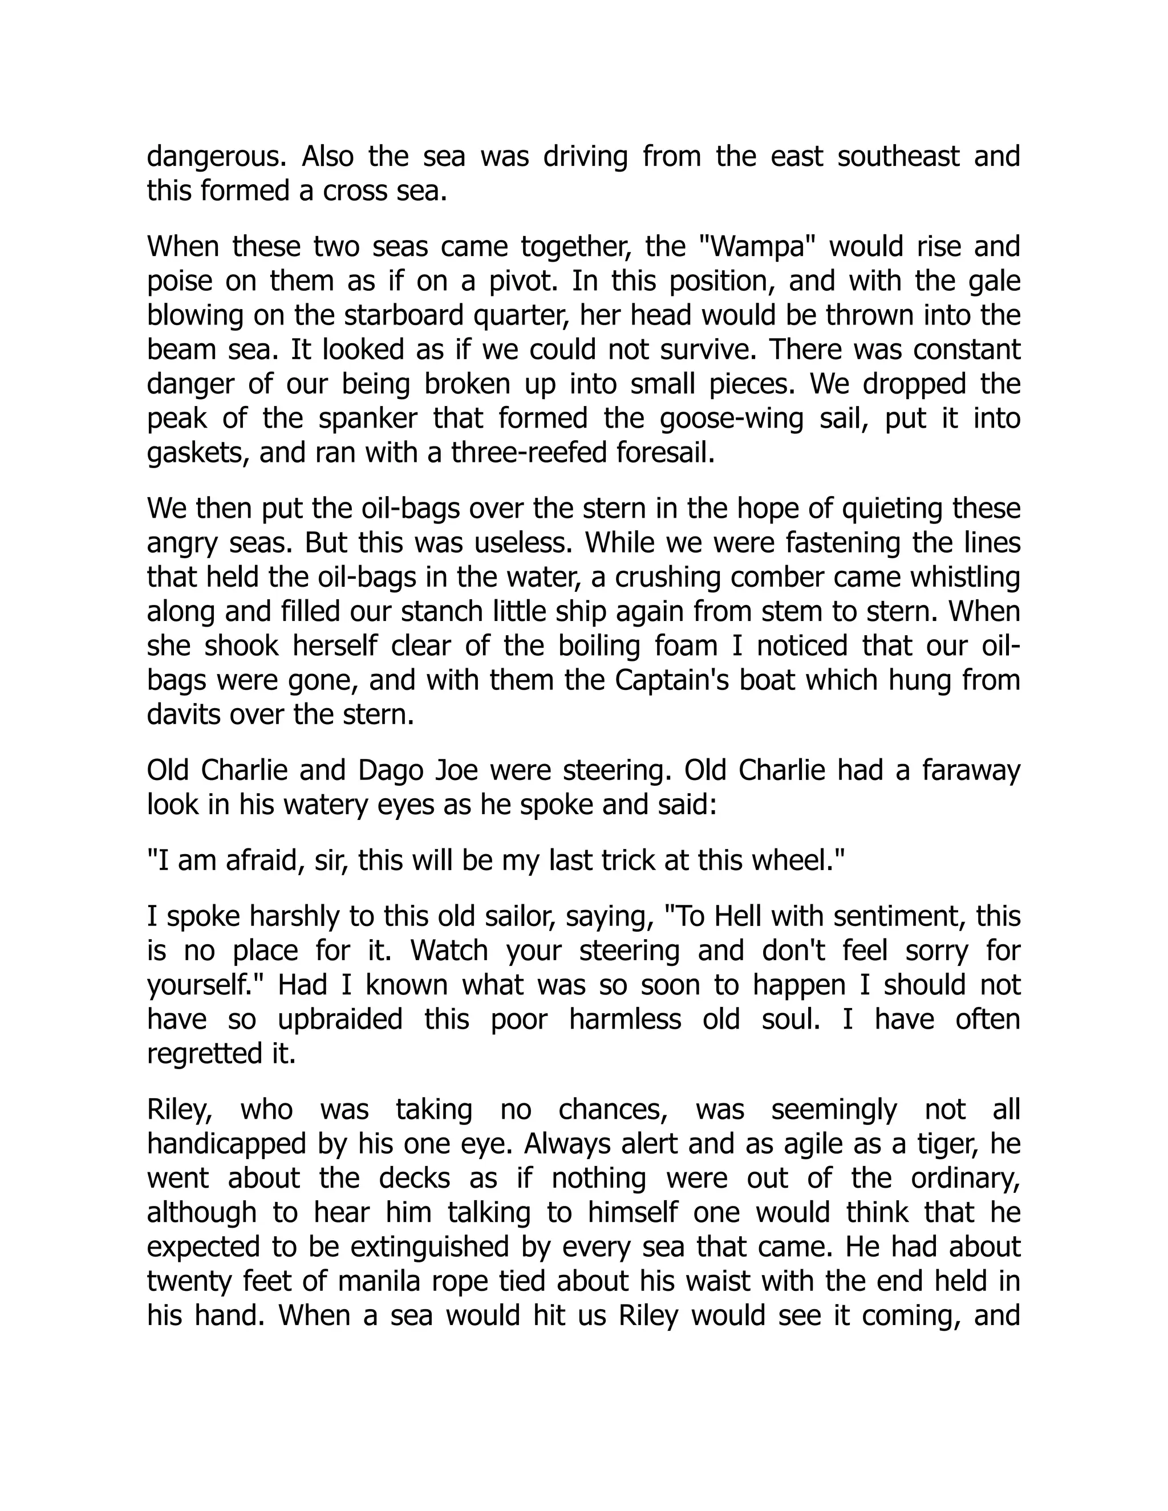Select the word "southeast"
tap(898, 157)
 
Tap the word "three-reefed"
tap(525, 454)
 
